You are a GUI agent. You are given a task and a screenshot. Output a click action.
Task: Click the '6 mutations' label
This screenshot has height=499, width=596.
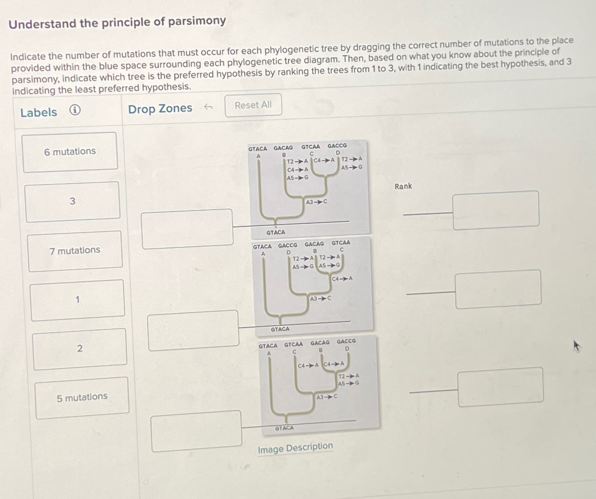click(x=70, y=152)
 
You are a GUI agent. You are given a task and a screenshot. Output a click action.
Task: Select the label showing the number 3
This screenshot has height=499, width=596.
click(x=72, y=201)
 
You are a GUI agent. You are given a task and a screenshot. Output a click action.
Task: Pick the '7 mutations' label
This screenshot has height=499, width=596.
click(x=75, y=251)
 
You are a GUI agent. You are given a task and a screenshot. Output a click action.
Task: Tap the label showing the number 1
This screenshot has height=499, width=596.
click(x=77, y=300)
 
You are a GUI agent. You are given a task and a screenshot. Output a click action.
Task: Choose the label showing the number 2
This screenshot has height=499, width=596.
click(x=80, y=349)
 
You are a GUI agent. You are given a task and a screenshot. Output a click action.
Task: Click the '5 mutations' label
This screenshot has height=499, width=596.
click(x=82, y=397)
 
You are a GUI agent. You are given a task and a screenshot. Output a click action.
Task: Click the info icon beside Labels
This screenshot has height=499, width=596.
click(x=75, y=110)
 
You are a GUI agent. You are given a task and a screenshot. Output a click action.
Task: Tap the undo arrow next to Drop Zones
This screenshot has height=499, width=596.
click(x=208, y=107)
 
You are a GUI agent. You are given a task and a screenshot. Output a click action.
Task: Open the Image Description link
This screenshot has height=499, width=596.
click(x=295, y=448)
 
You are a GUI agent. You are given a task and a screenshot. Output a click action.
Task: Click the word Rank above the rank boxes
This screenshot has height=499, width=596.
click(x=403, y=186)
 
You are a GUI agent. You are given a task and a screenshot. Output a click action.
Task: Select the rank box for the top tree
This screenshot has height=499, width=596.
click(x=496, y=210)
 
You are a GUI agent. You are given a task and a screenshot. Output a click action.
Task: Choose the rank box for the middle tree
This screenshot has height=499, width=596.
click(x=498, y=289)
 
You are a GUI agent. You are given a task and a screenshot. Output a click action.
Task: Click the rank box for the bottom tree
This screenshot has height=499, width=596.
click(x=500, y=387)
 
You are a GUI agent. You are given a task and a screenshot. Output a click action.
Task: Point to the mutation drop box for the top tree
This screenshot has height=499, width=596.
click(x=187, y=228)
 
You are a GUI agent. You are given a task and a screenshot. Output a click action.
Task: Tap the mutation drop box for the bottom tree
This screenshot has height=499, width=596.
click(x=196, y=431)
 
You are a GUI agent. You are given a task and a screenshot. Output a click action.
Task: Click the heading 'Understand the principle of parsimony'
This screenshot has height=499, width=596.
click(x=117, y=22)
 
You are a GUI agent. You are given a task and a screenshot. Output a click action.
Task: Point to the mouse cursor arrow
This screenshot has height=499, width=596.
click(x=576, y=345)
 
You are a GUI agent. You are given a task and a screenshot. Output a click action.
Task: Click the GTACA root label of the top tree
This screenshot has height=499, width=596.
click(x=275, y=232)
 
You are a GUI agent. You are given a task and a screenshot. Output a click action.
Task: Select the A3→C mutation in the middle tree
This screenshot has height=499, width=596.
click(x=321, y=298)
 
